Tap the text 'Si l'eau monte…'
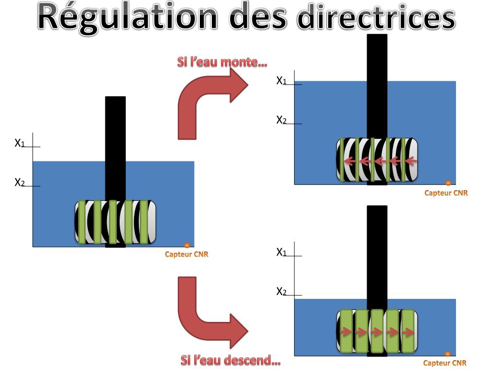tap(222, 62)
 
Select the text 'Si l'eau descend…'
tap(230, 360)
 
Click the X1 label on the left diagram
tap(20, 143)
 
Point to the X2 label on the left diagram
tap(20, 183)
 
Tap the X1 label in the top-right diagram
tap(282, 81)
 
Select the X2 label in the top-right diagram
tap(282, 120)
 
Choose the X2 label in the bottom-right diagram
tap(282, 291)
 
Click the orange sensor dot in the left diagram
tap(187, 246)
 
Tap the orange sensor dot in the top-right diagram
tap(448, 183)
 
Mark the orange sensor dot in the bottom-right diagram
tap(447, 354)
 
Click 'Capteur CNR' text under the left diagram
tap(186, 255)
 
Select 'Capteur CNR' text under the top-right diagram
tap(446, 193)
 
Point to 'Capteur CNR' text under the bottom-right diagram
tap(445, 363)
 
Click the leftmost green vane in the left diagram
tap(82, 222)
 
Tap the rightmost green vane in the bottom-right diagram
tap(407, 331)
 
